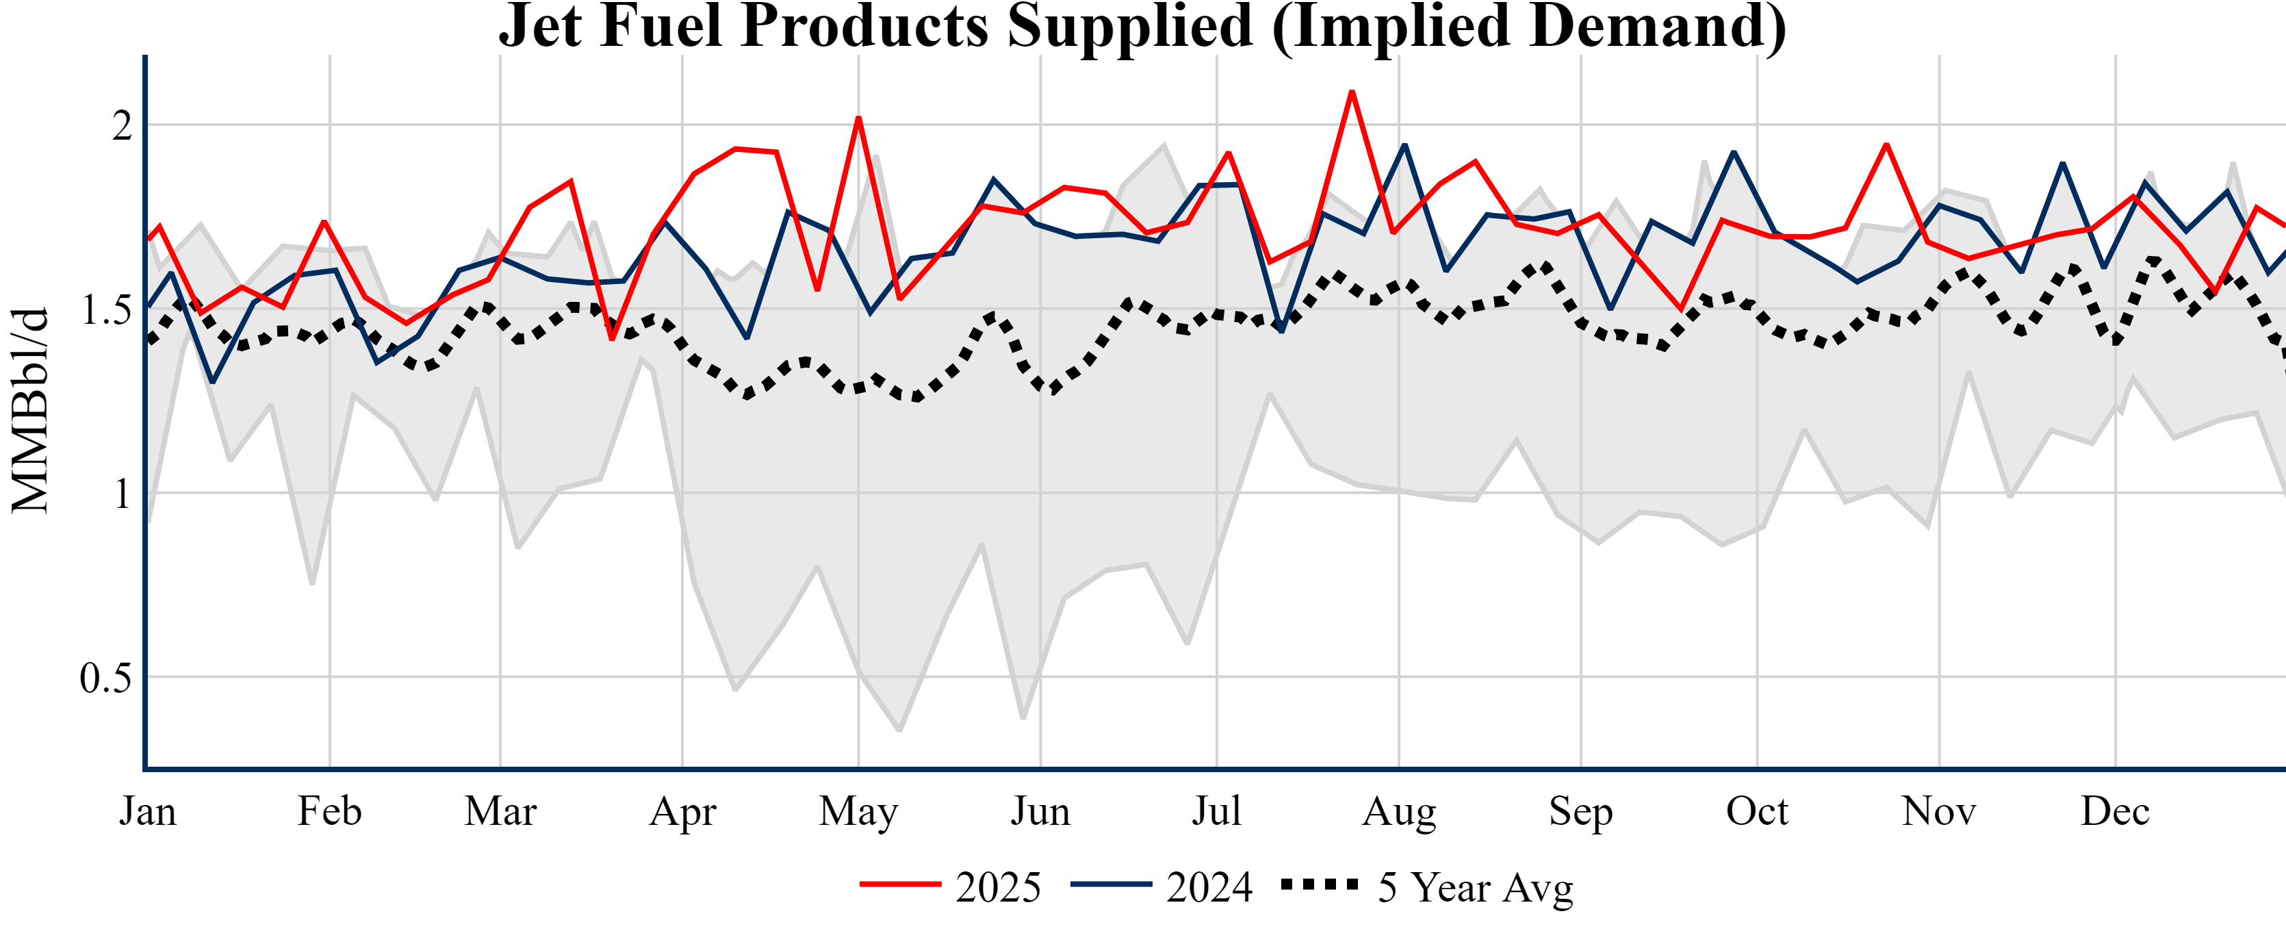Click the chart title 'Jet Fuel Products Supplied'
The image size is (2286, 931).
1142,27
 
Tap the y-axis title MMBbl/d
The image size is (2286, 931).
30,410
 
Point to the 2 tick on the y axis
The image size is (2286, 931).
122,125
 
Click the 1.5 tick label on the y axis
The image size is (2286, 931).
105,309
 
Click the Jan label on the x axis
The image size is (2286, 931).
147,811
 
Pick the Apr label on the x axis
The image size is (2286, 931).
682,811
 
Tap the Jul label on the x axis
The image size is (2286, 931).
1216,811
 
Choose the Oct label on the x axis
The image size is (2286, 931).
1757,811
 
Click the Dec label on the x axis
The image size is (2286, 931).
2116,811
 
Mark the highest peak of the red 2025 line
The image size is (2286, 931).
1352,92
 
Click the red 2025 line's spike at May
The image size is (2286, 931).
858,118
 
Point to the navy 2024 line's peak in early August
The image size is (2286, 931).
1404,144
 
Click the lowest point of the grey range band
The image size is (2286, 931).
900,730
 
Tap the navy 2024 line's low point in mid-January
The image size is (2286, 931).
212,381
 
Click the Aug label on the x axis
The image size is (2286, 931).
1400,811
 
